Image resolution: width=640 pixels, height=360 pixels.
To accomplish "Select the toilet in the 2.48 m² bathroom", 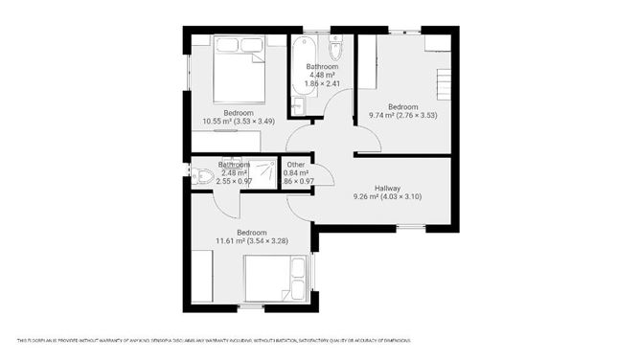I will (x=200, y=175).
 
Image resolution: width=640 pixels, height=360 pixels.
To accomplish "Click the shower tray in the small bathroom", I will (x=260, y=173).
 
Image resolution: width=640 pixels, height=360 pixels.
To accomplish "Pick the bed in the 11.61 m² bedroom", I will (x=276, y=280).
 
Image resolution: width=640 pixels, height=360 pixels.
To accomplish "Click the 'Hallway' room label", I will (x=386, y=189).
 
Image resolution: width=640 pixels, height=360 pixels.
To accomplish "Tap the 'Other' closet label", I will (x=296, y=165).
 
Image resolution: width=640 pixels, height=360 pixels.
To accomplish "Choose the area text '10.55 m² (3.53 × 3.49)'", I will (x=239, y=122).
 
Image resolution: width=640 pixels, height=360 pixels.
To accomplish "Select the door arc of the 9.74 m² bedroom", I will (x=368, y=141).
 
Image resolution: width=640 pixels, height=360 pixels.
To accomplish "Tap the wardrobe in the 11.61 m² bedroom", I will (x=203, y=277).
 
